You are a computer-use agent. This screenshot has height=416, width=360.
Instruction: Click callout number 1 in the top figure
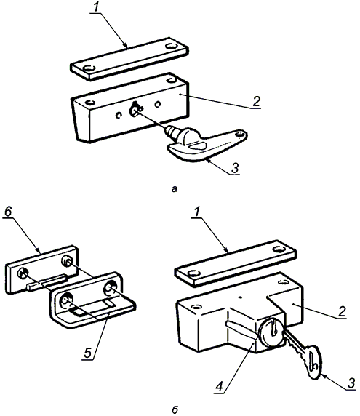click(95, 7)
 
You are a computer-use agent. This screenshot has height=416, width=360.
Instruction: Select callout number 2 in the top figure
click(256, 101)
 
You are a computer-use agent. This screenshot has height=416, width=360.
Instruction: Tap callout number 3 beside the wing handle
click(235, 168)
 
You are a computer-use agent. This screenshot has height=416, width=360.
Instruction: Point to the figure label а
click(175, 189)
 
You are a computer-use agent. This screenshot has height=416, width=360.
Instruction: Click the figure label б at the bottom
click(175, 410)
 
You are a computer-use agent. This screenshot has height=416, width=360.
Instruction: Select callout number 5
click(87, 353)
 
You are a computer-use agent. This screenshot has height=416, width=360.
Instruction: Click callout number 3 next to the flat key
click(351, 383)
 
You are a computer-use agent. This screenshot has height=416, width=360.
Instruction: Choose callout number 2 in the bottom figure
click(343, 312)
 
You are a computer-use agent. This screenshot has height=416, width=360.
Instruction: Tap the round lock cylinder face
click(271, 332)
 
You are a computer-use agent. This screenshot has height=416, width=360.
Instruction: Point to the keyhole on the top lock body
click(135, 109)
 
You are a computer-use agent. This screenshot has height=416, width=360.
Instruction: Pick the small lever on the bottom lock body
click(240, 329)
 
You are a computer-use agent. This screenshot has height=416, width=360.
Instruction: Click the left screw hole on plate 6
click(23, 273)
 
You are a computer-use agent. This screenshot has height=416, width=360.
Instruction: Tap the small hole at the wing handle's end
click(241, 135)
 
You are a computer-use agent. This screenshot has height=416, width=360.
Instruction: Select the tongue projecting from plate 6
click(47, 283)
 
